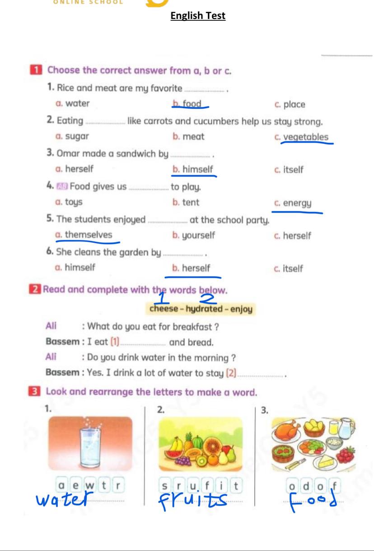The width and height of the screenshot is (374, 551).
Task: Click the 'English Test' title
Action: click(198, 16)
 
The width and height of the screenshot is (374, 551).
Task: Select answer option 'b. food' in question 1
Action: click(187, 104)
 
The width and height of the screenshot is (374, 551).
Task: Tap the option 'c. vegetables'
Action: click(301, 137)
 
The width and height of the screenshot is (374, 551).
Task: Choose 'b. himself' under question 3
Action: click(193, 170)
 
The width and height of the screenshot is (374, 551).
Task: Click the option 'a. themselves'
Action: click(84, 235)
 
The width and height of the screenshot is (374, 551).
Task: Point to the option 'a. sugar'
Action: click(72, 137)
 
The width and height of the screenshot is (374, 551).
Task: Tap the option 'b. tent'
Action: click(186, 203)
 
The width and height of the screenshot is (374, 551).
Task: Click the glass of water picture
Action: click(90, 444)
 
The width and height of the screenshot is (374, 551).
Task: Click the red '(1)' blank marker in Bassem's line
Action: click(115, 342)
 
